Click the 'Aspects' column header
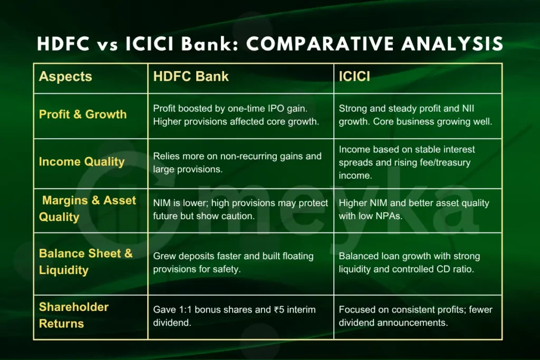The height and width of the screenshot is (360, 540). tap(65, 77)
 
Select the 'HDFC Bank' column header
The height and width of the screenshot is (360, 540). tap(191, 77)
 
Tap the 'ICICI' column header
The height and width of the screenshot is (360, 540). tap(354, 77)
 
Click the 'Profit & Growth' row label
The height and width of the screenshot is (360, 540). tap(83, 114)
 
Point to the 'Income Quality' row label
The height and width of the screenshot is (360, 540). tap(81, 162)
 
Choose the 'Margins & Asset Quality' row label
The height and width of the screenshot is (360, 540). tap(88, 209)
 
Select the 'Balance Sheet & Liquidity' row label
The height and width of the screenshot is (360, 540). tap(86, 262)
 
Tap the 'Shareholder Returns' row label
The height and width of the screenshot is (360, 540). tap(74, 315)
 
